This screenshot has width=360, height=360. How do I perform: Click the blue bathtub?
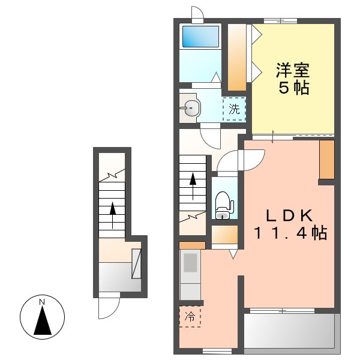(200, 37)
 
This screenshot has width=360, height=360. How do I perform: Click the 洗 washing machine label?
(234, 109)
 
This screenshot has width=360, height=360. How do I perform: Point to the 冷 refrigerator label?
(190, 316)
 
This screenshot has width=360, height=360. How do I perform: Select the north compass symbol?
(42, 318)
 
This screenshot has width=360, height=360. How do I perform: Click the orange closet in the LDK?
(326, 160)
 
